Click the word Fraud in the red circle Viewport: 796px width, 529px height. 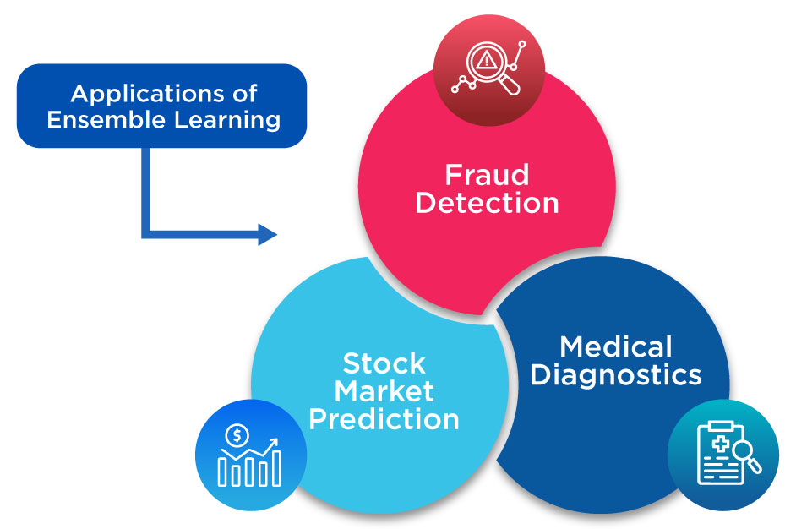tap(487, 175)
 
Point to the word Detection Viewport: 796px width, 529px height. tap(488, 203)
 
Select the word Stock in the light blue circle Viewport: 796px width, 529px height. tap(384, 363)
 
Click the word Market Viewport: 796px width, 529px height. tap(384, 390)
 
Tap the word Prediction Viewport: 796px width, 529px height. tap(384, 419)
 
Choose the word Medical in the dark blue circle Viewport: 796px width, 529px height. tap(616, 346)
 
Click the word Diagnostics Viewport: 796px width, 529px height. tap(616, 374)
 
